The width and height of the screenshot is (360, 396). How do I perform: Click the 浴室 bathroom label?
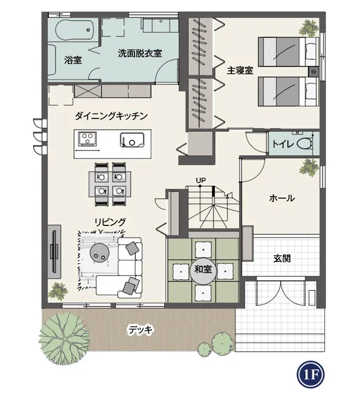(x=73, y=60)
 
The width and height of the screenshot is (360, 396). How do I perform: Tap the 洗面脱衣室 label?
(x=140, y=54)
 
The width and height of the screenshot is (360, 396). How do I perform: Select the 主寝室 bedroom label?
(x=240, y=71)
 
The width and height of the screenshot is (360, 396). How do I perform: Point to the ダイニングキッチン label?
(x=111, y=116)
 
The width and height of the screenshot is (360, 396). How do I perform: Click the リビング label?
(x=110, y=222)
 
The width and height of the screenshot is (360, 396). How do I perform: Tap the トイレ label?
(x=283, y=144)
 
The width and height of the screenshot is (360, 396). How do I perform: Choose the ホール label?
(x=282, y=198)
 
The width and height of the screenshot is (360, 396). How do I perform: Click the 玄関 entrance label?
(x=282, y=259)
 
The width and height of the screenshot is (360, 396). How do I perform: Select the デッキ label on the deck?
(x=140, y=330)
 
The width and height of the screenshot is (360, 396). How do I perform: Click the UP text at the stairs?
(x=201, y=180)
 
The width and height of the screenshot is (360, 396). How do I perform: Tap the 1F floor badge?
(x=311, y=375)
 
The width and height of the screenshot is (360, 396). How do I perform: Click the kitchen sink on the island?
(x=132, y=140)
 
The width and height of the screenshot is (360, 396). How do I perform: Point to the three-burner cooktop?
(x=87, y=139)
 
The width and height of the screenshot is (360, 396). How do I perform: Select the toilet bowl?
(x=305, y=144)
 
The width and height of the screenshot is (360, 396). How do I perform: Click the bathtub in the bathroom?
(x=74, y=30)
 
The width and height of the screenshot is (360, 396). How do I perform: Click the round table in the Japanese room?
(x=203, y=270)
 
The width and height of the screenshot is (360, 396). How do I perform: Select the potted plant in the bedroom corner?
(x=308, y=29)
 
